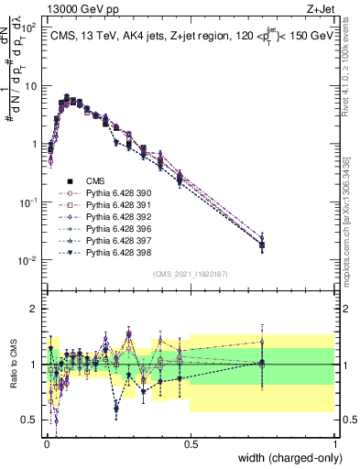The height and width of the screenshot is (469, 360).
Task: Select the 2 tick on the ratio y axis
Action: coord(32,309)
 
